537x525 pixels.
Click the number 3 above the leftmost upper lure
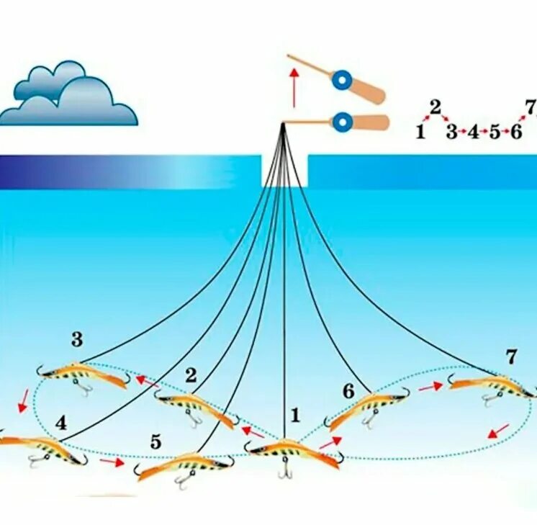tap(77, 339)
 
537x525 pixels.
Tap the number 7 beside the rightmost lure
tap(511, 356)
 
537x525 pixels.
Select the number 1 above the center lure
tap(294, 415)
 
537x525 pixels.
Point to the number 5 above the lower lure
tap(156, 442)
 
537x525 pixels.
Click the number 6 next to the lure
tap(348, 391)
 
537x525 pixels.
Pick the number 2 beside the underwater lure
tap(191, 374)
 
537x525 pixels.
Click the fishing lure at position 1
tap(292, 452)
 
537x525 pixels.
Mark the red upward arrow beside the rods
tap(294, 86)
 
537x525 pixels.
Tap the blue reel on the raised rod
tap(339, 78)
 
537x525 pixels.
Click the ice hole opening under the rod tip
tap(284, 171)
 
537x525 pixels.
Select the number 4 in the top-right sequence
tap(473, 133)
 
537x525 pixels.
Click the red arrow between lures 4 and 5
tap(112, 462)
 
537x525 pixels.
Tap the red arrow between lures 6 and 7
tap(430, 387)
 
